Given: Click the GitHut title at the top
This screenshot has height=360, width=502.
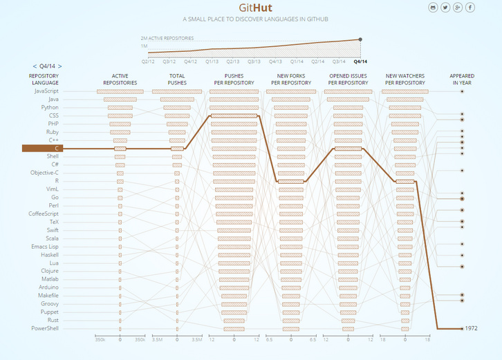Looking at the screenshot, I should (x=251, y=9).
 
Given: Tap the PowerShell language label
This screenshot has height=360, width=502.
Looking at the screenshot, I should (x=45, y=328).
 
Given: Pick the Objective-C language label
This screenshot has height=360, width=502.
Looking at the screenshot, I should (x=44, y=173).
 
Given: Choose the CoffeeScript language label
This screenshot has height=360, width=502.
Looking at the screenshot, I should (x=44, y=214).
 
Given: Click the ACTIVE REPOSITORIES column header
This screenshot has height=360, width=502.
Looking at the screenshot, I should (x=120, y=79).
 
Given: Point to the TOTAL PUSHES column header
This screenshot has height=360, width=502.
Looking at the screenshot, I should (x=177, y=79).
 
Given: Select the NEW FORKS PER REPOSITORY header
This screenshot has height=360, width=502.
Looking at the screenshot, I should (x=291, y=79).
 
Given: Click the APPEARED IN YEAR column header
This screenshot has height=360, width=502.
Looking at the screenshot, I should (x=462, y=79).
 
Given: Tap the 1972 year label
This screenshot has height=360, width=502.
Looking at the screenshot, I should (x=472, y=328).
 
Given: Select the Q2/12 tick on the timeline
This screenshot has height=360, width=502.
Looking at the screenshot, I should (x=148, y=61).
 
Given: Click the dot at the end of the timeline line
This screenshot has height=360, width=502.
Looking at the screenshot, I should (x=360, y=39).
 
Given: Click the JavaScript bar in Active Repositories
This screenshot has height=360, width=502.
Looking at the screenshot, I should (x=120, y=91).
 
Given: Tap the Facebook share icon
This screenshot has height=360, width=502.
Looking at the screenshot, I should (x=470, y=8).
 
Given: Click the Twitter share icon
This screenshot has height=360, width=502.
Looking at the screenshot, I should (x=445, y=8).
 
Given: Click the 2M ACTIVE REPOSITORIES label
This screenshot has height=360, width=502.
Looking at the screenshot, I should (x=167, y=38).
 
